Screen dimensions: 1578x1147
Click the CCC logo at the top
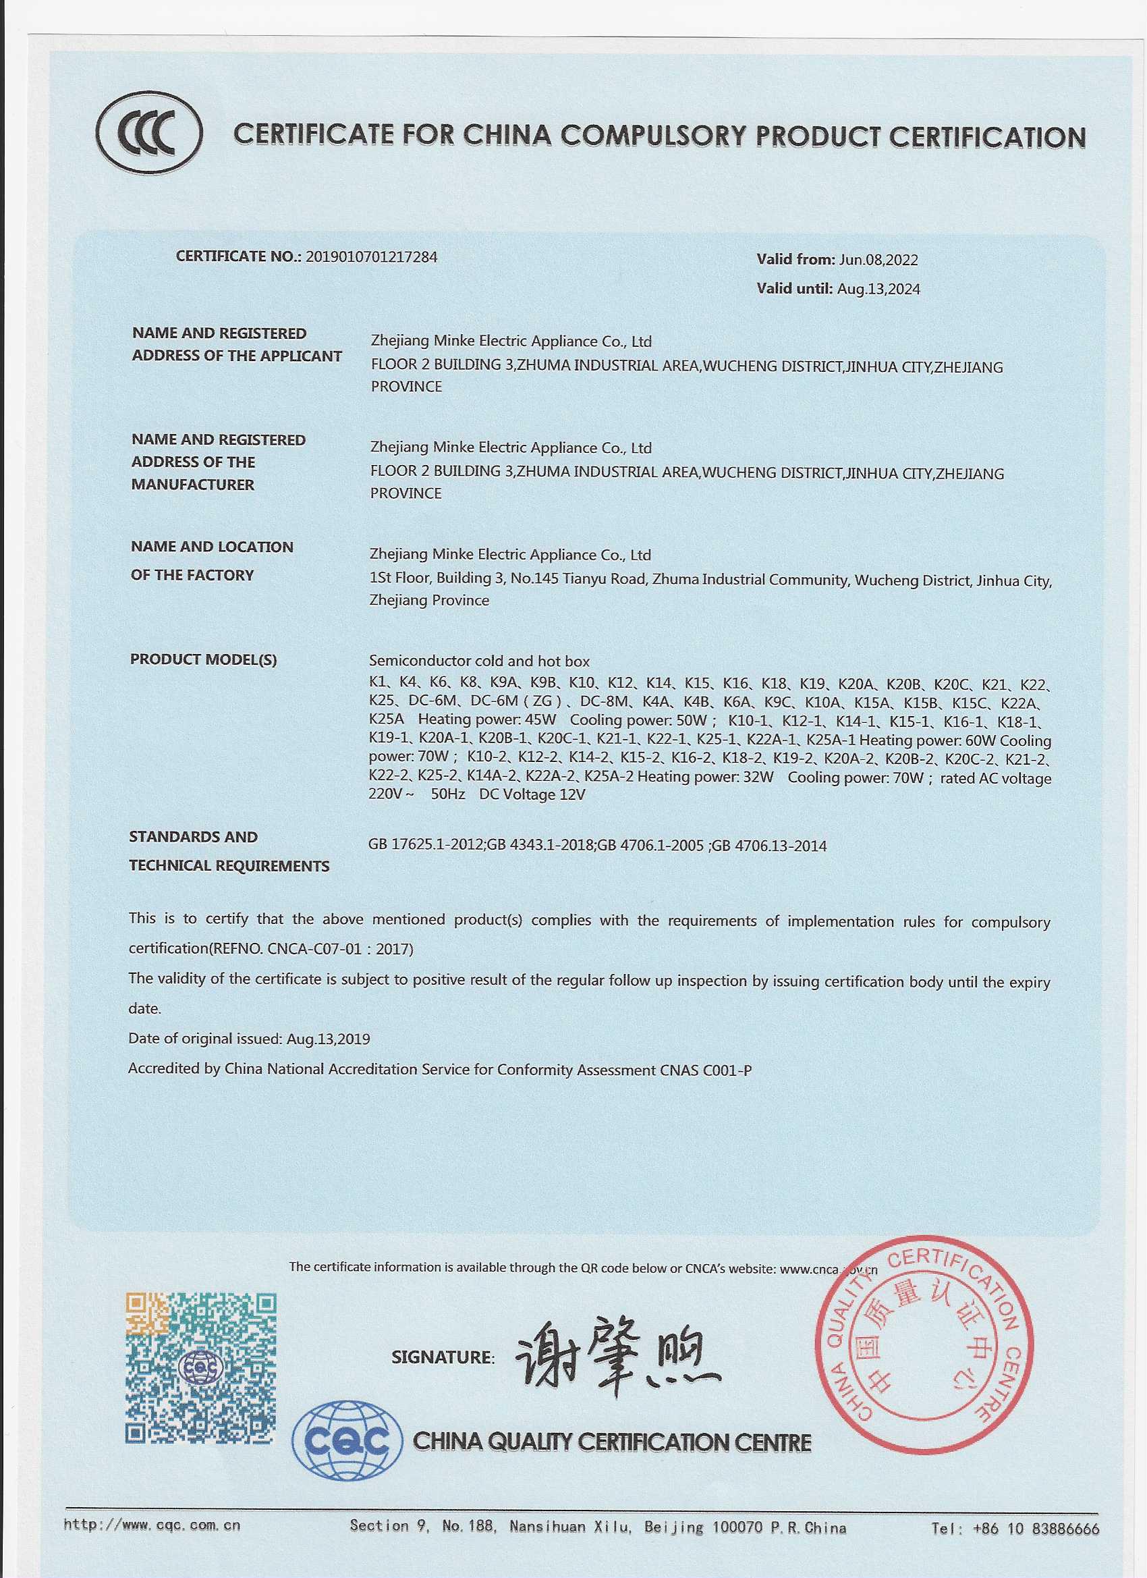(150, 134)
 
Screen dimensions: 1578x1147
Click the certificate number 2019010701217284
(372, 256)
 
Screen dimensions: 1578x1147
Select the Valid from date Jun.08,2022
(878, 261)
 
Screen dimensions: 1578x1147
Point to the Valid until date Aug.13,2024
(878, 290)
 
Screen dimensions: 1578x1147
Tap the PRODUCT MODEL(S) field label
(203, 659)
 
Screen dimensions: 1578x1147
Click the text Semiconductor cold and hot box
(479, 661)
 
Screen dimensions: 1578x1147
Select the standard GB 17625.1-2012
(426, 846)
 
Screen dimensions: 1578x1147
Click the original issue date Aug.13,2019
(329, 1039)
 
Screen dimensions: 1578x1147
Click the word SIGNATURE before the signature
(443, 1357)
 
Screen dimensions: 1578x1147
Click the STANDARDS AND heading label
(194, 837)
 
